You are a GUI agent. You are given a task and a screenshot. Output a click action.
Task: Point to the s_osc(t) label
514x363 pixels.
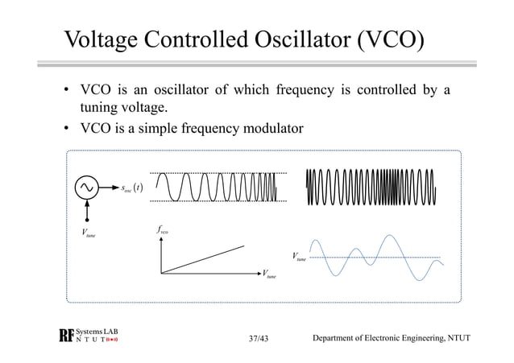click(x=131, y=190)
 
